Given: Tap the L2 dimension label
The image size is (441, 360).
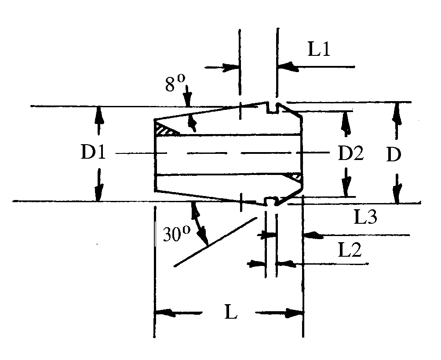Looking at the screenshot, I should [350, 250].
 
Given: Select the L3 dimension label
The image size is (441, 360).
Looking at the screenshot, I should [365, 216].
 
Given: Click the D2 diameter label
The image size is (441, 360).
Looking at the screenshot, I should [350, 154].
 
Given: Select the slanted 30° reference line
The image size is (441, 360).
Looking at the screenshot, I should [215, 242].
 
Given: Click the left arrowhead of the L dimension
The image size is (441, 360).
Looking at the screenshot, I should [163, 313].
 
